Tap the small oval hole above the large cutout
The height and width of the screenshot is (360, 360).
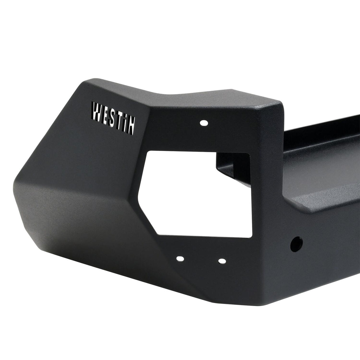203,122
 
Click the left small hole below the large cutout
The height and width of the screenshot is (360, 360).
179,259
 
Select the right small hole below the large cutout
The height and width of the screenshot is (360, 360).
221,261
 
